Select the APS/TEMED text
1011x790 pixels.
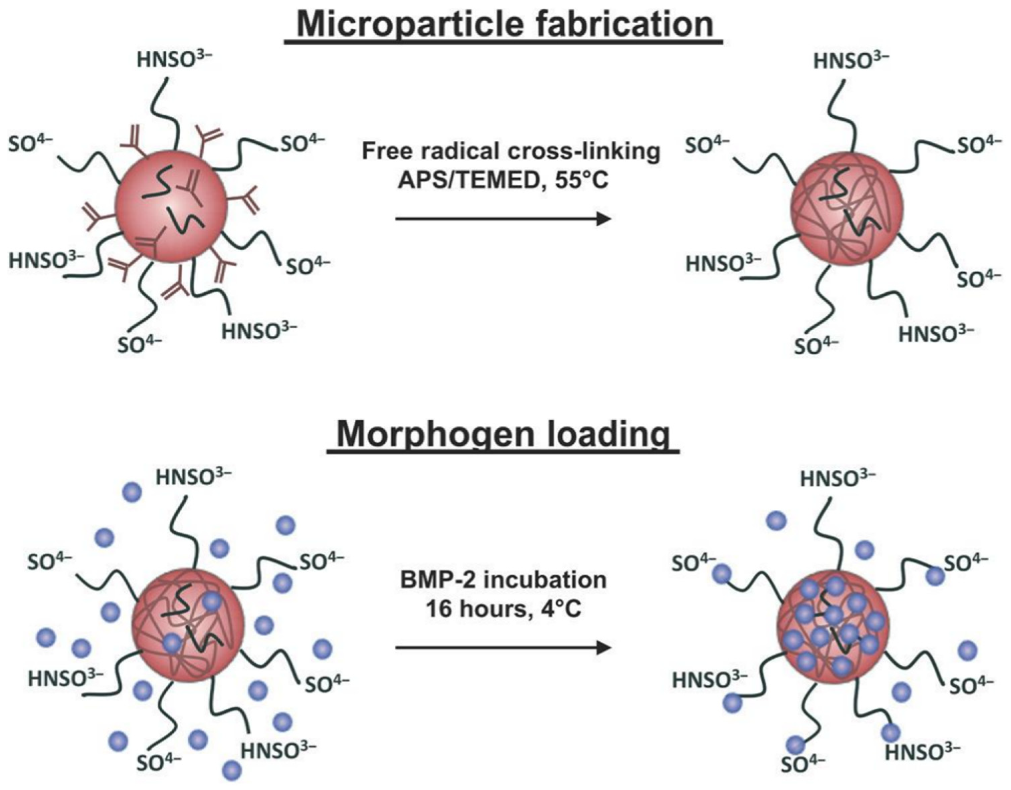[464, 180]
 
